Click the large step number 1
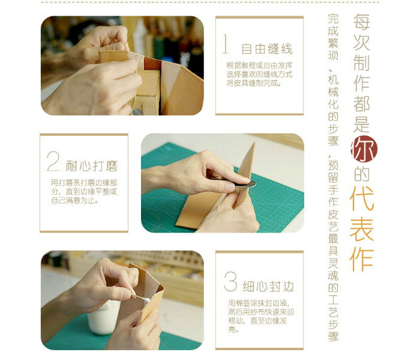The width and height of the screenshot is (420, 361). pyautogui.click(x=226, y=44)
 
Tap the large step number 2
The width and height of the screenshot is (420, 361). pyautogui.click(x=53, y=161)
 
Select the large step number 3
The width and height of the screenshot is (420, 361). pyautogui.click(x=230, y=281)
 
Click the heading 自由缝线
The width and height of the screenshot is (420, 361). pyautogui.click(x=267, y=49)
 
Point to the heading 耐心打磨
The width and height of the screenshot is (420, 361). pyautogui.click(x=92, y=166)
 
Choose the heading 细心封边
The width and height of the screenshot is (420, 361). pyautogui.click(x=268, y=287)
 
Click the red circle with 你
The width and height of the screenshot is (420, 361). pyautogui.click(x=364, y=150)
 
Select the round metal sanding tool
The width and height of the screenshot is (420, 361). pyautogui.click(x=245, y=184)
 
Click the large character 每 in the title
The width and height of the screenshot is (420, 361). pyautogui.click(x=362, y=22)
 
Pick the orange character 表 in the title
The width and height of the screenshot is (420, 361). pyautogui.click(x=362, y=229)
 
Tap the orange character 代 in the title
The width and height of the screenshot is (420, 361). pyautogui.click(x=362, y=198)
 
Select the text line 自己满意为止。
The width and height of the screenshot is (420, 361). pyautogui.click(x=74, y=201)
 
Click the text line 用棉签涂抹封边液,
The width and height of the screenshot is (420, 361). pyautogui.click(x=259, y=303)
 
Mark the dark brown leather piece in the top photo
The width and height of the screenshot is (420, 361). pyautogui.click(x=152, y=64)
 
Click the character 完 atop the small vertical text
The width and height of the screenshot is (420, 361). pyautogui.click(x=333, y=19)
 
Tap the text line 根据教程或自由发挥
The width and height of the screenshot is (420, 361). pyautogui.click(x=259, y=65)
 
